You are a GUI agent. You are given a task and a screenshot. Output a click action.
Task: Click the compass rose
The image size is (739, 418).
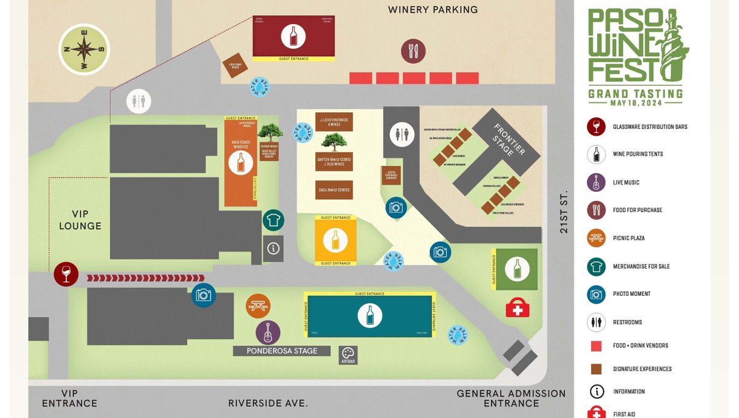click(84, 49)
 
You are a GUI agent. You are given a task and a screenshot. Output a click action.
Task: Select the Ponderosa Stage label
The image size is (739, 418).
click(282, 351)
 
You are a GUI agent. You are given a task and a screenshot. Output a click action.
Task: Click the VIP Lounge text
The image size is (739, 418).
click(80, 219)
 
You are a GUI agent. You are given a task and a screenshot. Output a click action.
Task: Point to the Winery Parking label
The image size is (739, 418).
click(433, 10)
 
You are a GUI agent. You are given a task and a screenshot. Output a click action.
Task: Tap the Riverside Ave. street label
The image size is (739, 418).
click(268, 403)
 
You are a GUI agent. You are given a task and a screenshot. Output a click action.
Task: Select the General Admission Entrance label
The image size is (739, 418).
click(511, 398)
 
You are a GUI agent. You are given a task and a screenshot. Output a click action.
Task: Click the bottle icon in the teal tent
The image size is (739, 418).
click(369, 315)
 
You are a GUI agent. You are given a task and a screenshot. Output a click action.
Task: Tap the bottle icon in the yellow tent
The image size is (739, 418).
click(336, 239)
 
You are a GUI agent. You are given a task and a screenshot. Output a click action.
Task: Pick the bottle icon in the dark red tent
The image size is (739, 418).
click(293, 36)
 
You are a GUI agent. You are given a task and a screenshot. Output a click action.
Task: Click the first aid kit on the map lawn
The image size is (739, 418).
click(517, 308)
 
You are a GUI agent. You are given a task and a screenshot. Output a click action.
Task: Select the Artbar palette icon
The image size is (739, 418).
click(348, 353)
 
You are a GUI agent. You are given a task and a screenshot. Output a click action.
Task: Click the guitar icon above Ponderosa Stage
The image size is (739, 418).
click(268, 332)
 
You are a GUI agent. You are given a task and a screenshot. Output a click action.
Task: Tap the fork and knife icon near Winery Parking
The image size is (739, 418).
click(413, 51)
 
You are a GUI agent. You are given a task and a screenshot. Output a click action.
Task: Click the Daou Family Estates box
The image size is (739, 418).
click(334, 190)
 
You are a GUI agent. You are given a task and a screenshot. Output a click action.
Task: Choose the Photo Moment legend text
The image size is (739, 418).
click(631, 294)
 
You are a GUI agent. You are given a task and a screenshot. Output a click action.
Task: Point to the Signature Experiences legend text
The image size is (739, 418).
click(642, 369)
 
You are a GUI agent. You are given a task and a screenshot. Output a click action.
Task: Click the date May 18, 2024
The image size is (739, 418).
click(636, 103)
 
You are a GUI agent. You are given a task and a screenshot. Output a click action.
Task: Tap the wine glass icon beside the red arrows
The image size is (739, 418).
click(66, 274)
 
